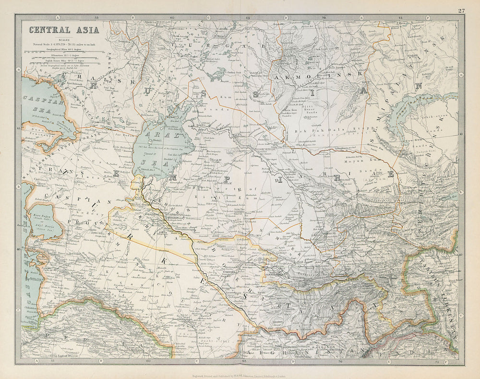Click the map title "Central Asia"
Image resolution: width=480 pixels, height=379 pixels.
[64, 30]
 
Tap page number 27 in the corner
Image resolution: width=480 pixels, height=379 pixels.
[461, 11]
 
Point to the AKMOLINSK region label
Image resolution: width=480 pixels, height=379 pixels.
[319, 76]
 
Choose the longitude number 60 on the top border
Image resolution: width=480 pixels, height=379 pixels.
[172, 17]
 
